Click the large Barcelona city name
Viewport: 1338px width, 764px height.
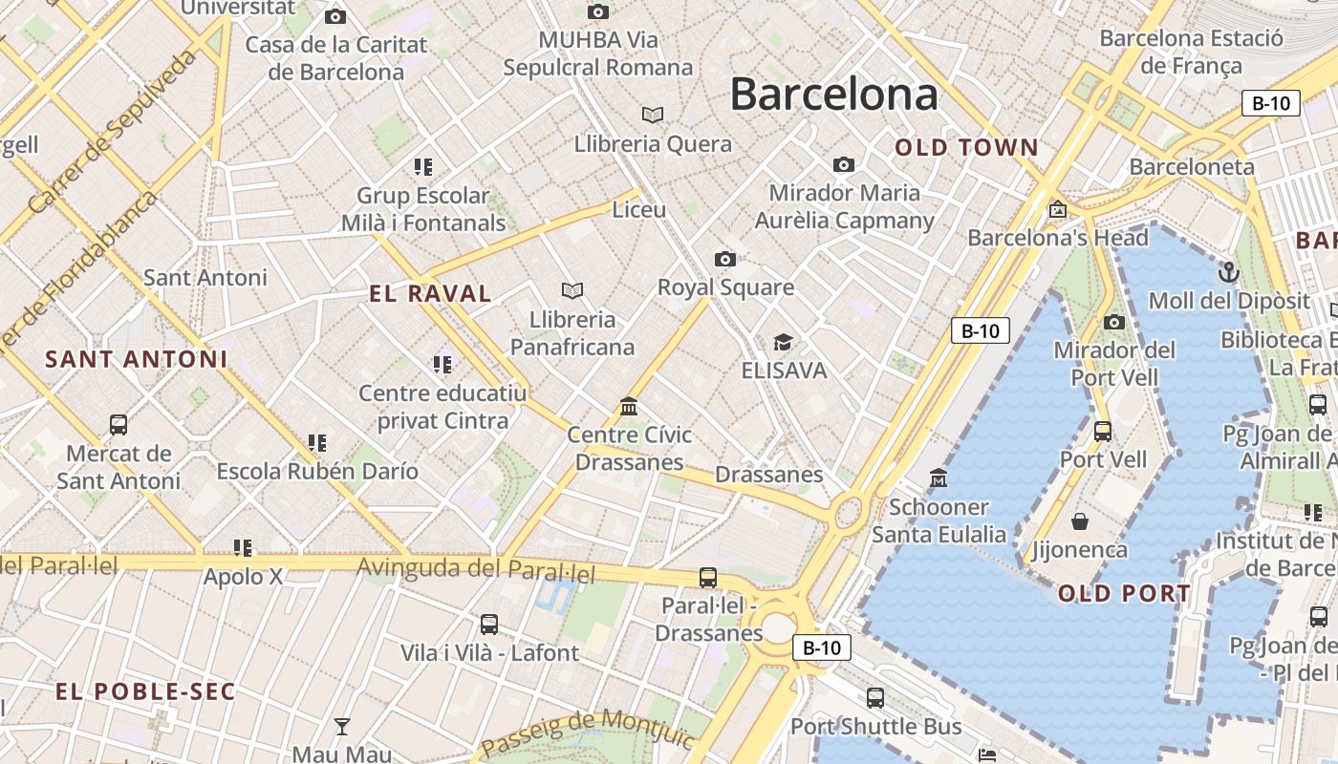(833, 94)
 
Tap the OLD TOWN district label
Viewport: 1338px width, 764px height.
(966, 147)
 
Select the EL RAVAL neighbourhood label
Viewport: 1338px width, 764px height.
(430, 293)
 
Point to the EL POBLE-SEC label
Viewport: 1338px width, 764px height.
(145, 691)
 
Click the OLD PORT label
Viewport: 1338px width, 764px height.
(1124, 593)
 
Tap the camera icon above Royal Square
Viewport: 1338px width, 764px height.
(725, 259)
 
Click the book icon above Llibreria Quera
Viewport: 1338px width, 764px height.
(653, 115)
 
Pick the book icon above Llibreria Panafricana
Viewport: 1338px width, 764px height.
(572, 290)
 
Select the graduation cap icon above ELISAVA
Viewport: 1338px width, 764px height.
(783, 342)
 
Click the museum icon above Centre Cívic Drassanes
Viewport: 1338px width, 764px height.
(629, 407)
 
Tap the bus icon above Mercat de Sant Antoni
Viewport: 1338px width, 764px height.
(119, 425)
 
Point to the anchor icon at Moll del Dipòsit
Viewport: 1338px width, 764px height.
(1228, 273)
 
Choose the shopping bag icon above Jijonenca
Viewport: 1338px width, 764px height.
(1080, 521)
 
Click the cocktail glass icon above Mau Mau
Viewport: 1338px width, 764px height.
(341, 726)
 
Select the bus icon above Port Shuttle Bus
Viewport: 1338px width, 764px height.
(874, 698)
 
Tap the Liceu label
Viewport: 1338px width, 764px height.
(638, 209)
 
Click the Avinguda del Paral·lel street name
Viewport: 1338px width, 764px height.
(475, 570)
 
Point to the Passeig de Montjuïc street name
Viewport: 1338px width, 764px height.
(587, 732)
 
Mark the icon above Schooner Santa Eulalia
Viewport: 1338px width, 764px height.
(939, 477)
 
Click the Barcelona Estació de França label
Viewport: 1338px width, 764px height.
(1191, 52)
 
